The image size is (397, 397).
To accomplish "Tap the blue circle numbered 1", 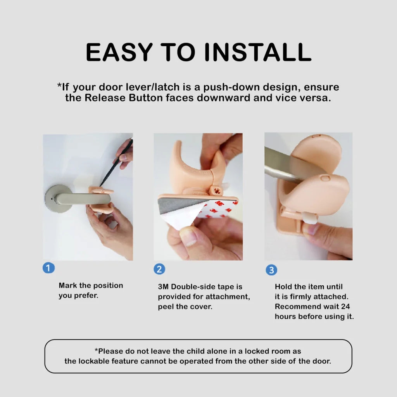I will [48, 268].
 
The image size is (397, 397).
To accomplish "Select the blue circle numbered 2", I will [159, 269].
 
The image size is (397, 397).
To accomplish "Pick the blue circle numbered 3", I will [271, 270].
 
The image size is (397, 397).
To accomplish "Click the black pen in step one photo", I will [116, 163].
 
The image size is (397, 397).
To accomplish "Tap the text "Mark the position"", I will [91, 285].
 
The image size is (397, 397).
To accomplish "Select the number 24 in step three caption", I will [346, 307].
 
